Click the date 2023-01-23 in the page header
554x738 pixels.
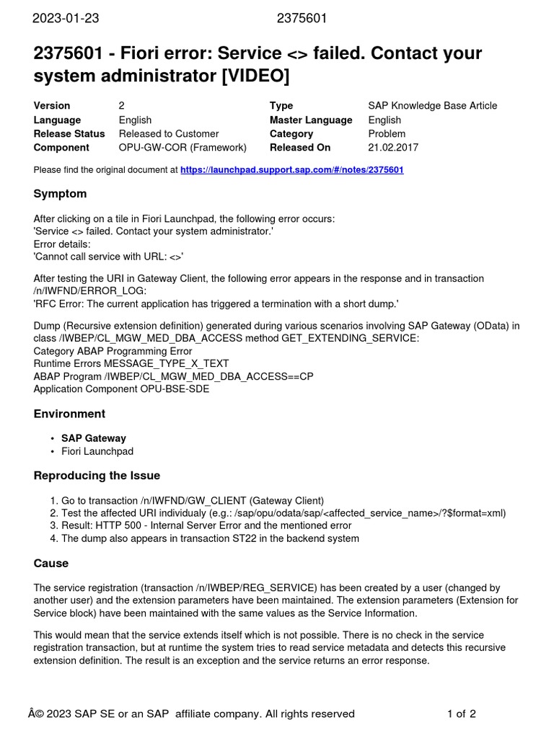click(66, 19)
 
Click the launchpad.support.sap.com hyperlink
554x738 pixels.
click(291, 170)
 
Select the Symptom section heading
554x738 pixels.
click(60, 194)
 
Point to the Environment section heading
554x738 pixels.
click(69, 414)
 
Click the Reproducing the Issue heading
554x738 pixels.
click(97, 476)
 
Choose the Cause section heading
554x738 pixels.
click(51, 563)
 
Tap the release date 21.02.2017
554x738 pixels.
click(394, 148)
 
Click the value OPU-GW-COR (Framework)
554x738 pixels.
click(183, 148)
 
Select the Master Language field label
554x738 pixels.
click(311, 120)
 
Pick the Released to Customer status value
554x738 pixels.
click(169, 134)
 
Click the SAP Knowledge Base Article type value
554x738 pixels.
click(432, 106)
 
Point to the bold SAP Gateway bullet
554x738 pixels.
click(94, 438)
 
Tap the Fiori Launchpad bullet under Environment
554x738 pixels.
click(97, 451)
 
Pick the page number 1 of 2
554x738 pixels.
click(462, 713)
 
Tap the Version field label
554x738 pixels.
click(52, 106)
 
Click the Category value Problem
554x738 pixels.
click(387, 134)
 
